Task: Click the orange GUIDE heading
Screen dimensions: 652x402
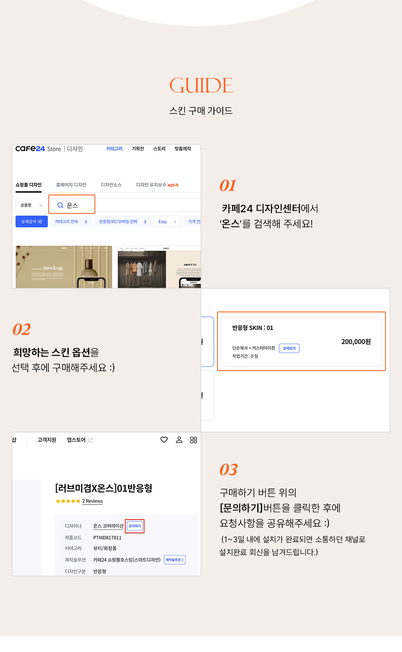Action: coord(201,85)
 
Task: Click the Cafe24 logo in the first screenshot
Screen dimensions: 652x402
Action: coord(30,149)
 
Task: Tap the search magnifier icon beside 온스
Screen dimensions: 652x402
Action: coord(60,205)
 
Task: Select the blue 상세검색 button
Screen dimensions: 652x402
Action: coord(31,221)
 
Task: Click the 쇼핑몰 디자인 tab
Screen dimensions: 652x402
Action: coord(29,185)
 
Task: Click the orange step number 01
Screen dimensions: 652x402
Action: coord(228,185)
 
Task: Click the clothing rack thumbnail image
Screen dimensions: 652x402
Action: coord(142,269)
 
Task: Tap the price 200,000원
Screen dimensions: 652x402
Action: coord(356,342)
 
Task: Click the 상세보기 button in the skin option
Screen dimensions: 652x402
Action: coord(289,348)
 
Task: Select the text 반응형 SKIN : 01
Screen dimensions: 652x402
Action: coord(252,328)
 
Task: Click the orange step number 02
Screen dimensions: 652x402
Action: coord(22,329)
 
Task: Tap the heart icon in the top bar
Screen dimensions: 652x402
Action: coord(164,440)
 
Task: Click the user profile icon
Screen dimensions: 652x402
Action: coord(179,440)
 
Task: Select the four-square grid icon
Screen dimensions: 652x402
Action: coord(193,440)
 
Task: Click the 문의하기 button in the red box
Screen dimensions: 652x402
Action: coord(135,526)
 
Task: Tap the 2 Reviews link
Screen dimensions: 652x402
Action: coord(92,501)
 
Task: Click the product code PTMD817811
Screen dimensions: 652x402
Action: coord(107,537)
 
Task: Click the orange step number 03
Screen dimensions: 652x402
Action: coord(228,470)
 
